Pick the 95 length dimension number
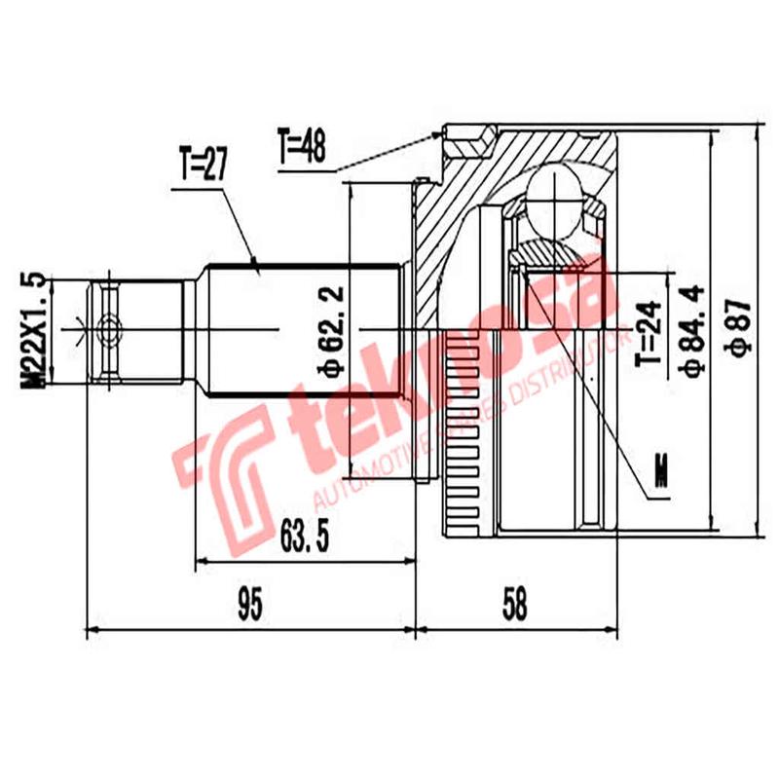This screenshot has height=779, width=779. pyautogui.click(x=251, y=605)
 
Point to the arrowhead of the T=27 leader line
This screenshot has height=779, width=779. pyautogui.click(x=255, y=264)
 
